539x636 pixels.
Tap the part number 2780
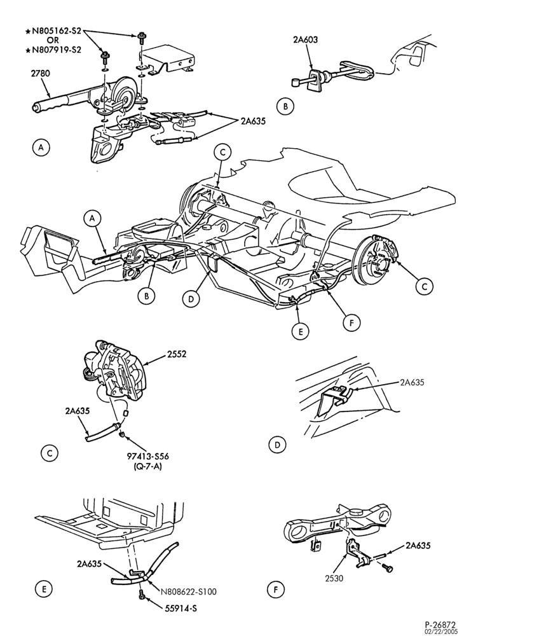[40, 73]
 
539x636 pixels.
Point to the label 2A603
[306, 39]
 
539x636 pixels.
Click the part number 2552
[177, 354]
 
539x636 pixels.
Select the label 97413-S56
[147, 456]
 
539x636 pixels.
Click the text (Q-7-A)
[147, 466]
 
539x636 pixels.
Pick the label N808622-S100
[188, 591]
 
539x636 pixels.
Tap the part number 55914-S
[181, 609]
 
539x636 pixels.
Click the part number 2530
[334, 578]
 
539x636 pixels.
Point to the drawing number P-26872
[440, 625]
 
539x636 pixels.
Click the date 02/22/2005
[441, 632]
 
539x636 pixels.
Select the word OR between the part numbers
[53, 40]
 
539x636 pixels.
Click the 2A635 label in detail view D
[412, 382]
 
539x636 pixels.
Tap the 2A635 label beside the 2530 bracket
[418, 546]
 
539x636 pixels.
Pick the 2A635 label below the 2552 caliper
[77, 411]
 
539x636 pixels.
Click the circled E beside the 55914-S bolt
[44, 589]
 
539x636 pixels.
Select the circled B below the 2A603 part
[285, 106]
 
